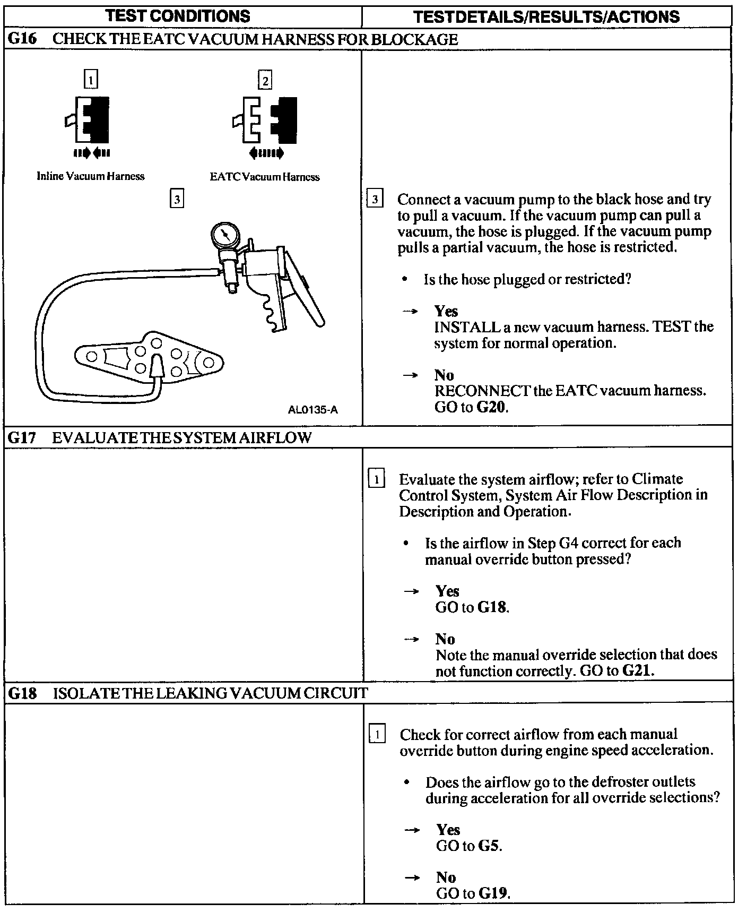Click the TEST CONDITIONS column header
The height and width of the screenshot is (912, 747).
[x=178, y=16]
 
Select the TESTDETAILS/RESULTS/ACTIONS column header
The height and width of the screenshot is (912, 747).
[x=546, y=16]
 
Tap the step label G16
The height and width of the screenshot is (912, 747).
[x=22, y=39]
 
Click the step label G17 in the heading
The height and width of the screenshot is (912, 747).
[x=22, y=437]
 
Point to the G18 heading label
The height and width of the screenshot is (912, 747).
[x=22, y=693]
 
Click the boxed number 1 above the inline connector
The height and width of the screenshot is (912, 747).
[x=91, y=80]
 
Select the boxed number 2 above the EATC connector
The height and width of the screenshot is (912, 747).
[x=264, y=81]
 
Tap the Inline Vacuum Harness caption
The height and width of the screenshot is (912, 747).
[x=91, y=176]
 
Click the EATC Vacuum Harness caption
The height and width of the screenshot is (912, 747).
[x=265, y=177]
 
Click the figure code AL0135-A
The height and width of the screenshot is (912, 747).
[x=312, y=410]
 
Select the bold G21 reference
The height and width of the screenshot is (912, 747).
[x=637, y=670]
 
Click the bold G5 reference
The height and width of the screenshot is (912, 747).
[x=490, y=845]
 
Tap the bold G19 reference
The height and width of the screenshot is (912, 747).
[x=493, y=893]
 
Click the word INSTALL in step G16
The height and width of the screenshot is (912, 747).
[x=467, y=326]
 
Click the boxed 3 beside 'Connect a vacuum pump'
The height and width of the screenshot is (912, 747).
[x=375, y=200]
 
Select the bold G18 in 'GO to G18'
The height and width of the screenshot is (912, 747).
[x=492, y=607]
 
